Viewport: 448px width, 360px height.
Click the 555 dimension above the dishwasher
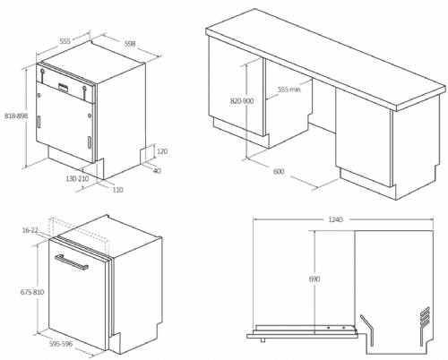point(65,41)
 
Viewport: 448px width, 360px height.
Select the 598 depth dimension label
point(130,44)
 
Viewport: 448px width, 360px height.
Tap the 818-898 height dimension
point(16,116)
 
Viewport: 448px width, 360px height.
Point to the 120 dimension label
point(162,151)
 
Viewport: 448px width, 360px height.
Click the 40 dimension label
point(157,171)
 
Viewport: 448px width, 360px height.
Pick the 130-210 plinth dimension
point(77,178)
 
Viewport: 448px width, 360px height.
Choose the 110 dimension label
point(117,190)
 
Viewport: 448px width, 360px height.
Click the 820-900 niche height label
point(242,101)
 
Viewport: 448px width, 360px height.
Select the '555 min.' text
point(289,90)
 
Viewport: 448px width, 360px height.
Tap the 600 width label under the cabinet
point(279,171)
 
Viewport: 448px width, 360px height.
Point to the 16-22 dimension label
point(30,230)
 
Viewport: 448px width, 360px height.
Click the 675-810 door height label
point(32,292)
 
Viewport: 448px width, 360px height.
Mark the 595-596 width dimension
point(61,344)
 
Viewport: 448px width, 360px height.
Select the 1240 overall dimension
point(335,219)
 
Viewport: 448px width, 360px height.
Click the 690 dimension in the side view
point(314,279)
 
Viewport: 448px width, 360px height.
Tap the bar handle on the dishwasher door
point(72,262)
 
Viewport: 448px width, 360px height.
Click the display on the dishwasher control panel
point(64,87)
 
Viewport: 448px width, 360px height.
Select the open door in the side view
point(302,331)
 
